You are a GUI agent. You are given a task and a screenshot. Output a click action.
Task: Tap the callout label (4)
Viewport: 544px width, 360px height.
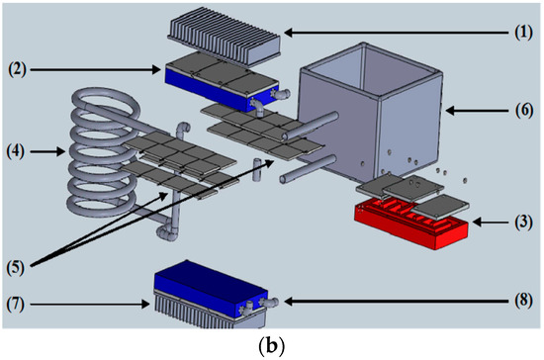[20, 152]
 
